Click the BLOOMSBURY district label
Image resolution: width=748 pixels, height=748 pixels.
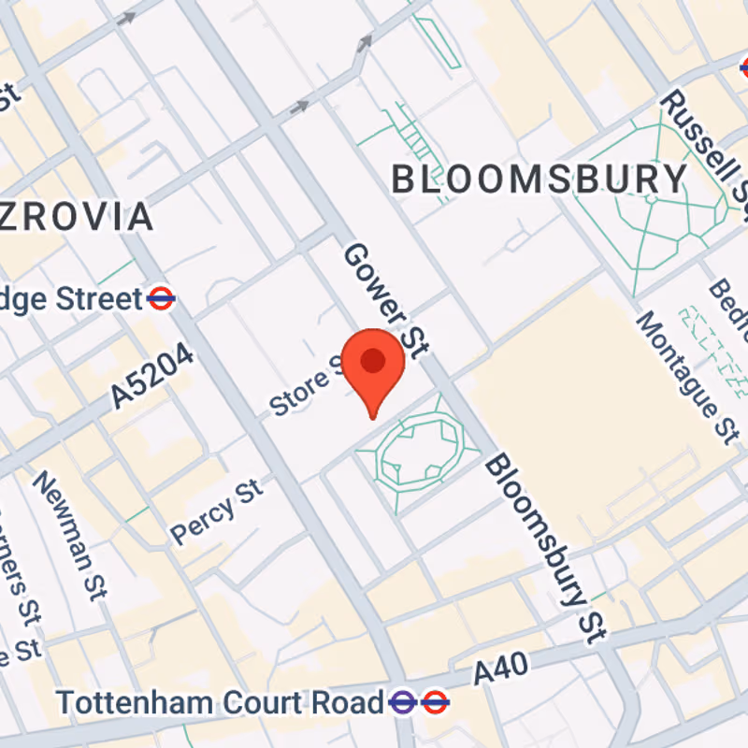pos(539,179)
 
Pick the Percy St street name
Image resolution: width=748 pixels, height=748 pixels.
pos(217,510)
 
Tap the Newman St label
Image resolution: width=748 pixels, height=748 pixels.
pos(71,533)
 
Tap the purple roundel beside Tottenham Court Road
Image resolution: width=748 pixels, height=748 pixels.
pos(404,701)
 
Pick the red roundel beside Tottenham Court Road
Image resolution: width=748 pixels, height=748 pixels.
pos(435,701)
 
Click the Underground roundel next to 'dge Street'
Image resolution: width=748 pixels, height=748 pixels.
pos(161,299)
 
